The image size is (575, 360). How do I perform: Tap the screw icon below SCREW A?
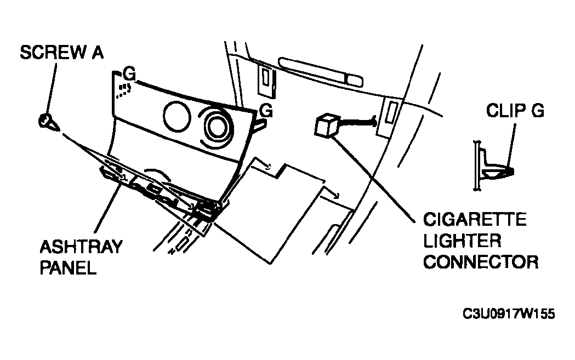click(x=48, y=122)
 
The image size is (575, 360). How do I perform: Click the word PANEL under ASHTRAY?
click(x=68, y=267)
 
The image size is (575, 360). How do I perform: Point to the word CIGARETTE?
click(x=475, y=220)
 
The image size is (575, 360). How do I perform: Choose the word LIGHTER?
click(x=462, y=241)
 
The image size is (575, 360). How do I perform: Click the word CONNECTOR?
click(x=481, y=262)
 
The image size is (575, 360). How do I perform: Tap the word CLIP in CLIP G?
click(x=503, y=110)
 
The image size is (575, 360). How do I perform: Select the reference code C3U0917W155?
click(x=509, y=314)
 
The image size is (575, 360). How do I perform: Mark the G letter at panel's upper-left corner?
click(x=129, y=73)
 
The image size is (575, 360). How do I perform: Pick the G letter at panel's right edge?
click(x=266, y=110)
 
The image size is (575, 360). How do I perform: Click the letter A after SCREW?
click(x=98, y=53)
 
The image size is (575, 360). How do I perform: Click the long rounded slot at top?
click(x=321, y=72)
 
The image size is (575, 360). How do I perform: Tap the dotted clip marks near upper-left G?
click(x=123, y=90)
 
